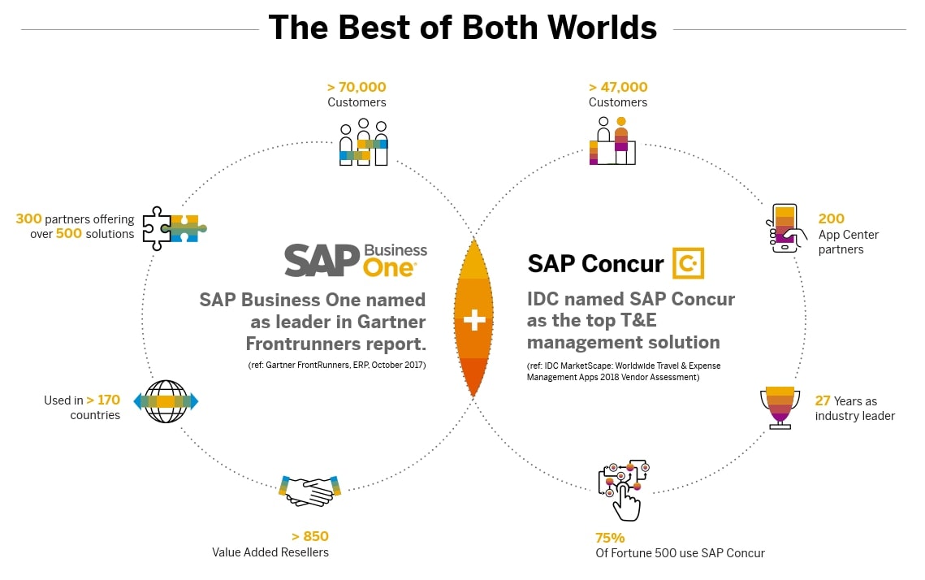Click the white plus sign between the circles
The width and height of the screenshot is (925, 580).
(x=473, y=320)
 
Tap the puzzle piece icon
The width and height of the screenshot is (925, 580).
(x=175, y=228)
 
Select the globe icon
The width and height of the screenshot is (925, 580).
(x=166, y=402)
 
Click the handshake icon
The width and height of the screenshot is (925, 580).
(x=309, y=491)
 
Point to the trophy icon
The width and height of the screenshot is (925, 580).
(x=780, y=407)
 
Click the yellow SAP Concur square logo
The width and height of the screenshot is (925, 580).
(x=689, y=263)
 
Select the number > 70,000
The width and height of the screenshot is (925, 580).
(x=357, y=87)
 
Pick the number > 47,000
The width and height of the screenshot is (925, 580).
(x=618, y=87)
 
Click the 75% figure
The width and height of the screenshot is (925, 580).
(x=610, y=538)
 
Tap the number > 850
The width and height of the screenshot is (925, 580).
(x=309, y=536)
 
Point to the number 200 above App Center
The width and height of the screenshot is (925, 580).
(x=832, y=219)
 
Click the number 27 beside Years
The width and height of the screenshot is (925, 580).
(x=823, y=400)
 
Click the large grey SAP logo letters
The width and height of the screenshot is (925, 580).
(x=322, y=260)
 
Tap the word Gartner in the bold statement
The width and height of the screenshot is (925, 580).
(x=391, y=322)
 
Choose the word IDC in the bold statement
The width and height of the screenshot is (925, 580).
(x=542, y=299)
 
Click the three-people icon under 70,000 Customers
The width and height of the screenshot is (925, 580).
(x=363, y=142)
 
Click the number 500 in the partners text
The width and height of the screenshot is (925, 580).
(x=68, y=234)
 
